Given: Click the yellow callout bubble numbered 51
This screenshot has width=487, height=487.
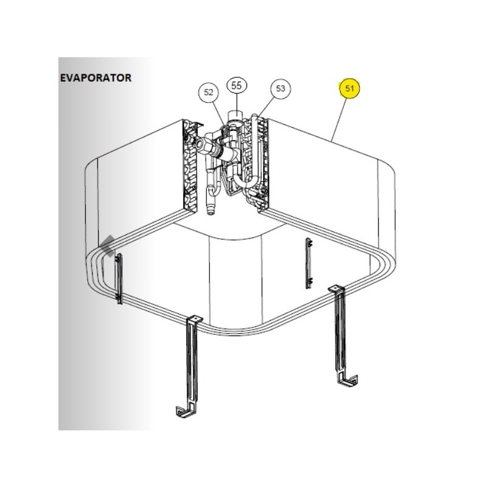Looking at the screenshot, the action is (349, 88).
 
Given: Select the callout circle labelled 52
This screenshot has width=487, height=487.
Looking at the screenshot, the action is (209, 93).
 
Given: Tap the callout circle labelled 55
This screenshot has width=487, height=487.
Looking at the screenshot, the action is (236, 85).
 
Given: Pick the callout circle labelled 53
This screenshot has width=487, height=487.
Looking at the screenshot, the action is (280, 88).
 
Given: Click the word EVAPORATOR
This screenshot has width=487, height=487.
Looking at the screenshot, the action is (96, 78).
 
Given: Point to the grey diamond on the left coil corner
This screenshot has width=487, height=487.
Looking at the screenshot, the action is (109, 246).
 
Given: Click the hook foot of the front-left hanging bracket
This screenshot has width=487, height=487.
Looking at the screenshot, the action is (186, 412).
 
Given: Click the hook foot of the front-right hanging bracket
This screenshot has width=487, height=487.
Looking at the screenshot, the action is (349, 380).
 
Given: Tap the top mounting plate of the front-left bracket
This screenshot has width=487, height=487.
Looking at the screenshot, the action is (194, 320).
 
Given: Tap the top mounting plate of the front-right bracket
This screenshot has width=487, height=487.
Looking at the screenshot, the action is (337, 289).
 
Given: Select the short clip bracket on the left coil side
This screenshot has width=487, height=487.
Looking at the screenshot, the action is (119, 279).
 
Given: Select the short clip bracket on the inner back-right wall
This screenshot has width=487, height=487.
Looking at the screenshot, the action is (309, 264).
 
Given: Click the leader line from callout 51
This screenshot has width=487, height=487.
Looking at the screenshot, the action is (340, 119).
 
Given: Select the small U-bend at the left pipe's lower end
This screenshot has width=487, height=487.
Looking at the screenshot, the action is (214, 189).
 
